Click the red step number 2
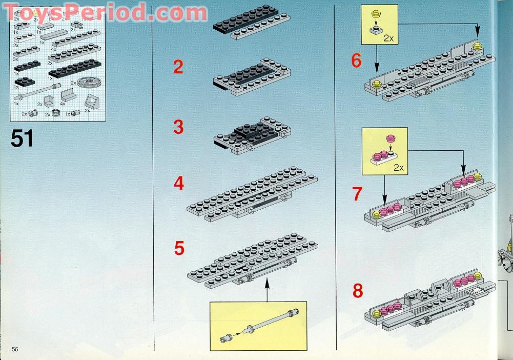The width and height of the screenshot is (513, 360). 178,67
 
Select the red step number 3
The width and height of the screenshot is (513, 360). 178,127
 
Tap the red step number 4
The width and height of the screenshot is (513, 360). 178,183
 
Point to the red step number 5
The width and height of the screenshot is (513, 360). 179,248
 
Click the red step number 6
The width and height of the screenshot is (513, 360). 356,61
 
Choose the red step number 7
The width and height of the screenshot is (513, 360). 357,194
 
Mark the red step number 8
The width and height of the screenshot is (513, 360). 358,291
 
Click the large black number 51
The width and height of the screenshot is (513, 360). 22,138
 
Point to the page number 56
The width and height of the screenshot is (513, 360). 15,349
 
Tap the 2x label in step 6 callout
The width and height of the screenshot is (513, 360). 388,37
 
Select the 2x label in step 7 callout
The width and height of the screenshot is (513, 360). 399,167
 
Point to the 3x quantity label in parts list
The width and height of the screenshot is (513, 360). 16,59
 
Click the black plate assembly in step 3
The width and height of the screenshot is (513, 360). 251,133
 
